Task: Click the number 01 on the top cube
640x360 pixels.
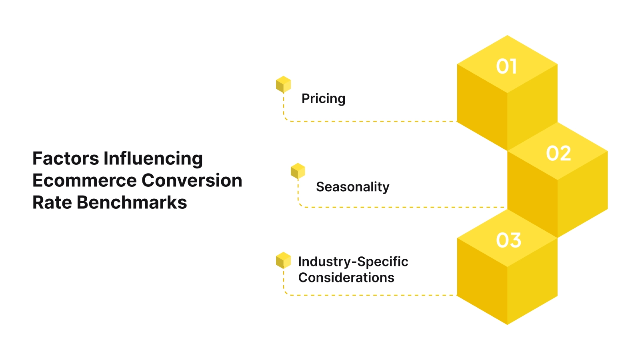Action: [506, 66]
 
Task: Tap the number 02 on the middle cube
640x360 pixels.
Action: [558, 154]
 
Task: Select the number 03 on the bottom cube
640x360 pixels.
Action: [508, 240]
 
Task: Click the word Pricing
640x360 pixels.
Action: [323, 99]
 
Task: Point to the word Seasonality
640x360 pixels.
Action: [352, 187]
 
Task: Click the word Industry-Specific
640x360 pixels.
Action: [353, 262]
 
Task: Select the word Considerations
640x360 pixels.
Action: [346, 278]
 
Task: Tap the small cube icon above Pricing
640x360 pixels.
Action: [283, 84]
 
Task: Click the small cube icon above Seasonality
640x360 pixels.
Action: [298, 171]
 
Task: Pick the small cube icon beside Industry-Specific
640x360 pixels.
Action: [283, 260]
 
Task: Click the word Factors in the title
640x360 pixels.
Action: [66, 158]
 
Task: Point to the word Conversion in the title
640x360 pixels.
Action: [192, 180]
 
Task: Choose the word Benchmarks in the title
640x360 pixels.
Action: [132, 202]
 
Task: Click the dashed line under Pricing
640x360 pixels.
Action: [372, 121]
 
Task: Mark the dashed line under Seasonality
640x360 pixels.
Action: [400, 207]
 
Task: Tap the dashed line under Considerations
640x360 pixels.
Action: [372, 295]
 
